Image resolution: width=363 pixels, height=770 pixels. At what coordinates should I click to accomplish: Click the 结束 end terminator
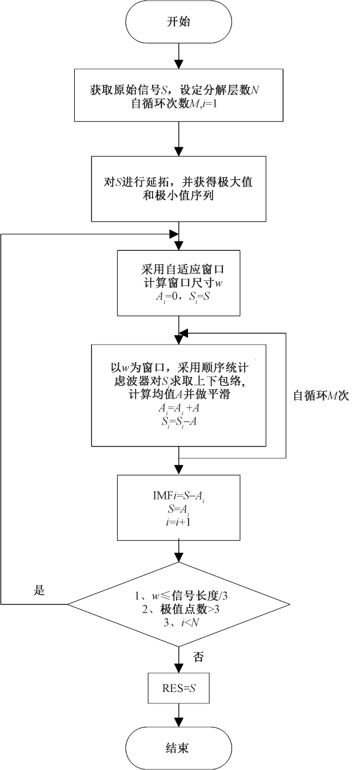click(179, 748)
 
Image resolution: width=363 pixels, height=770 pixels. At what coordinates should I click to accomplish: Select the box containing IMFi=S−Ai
click(179, 508)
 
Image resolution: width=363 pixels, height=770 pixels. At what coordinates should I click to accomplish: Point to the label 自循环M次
click(321, 396)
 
